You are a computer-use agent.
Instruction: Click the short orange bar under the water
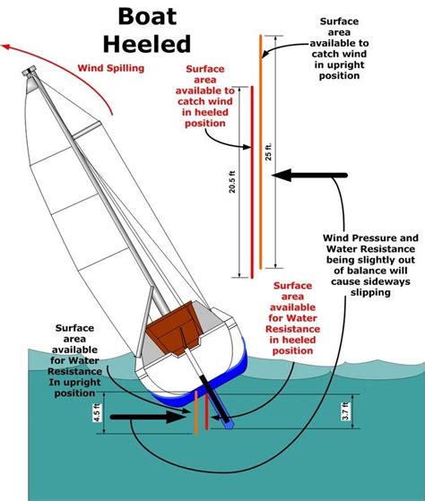click(x=195, y=413)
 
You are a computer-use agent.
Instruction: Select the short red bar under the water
click(x=207, y=412)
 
